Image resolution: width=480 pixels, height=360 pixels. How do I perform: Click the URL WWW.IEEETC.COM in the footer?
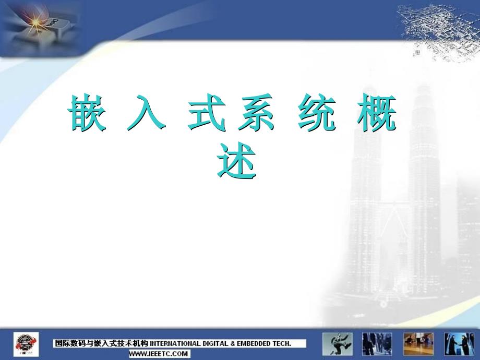tap(159, 354)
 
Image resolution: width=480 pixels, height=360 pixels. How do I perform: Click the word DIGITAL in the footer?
tap(215, 343)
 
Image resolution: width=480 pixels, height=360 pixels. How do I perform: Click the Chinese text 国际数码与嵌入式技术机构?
tap(101, 343)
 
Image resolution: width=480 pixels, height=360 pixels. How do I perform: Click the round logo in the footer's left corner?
tap(26, 344)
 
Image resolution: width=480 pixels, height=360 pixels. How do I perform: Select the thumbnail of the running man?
tap(338, 344)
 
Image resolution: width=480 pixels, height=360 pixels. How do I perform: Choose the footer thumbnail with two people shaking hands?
tap(459, 344)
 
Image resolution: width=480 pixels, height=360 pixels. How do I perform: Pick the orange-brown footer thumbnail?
tap(418, 344)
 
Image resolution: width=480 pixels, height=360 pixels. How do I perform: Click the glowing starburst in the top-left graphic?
tap(37, 22)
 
